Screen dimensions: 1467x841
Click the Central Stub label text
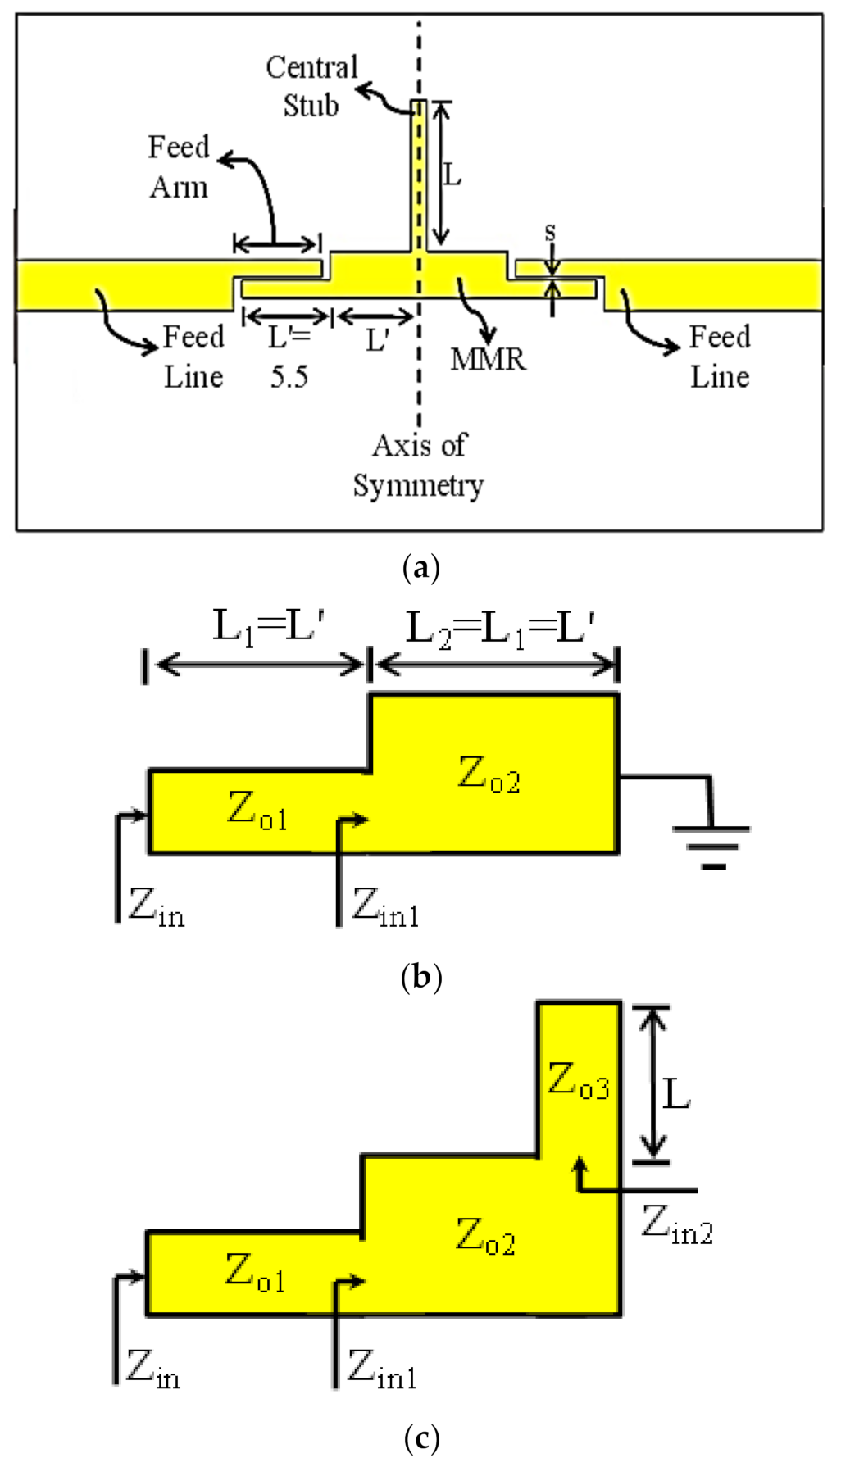(x=311, y=87)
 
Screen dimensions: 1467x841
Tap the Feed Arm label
(x=179, y=167)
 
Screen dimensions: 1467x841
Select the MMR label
(x=488, y=359)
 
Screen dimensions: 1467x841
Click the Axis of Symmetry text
(x=418, y=466)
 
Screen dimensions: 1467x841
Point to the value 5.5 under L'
(x=289, y=377)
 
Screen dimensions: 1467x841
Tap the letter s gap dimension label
(x=550, y=233)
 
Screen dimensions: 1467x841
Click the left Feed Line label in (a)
(x=193, y=357)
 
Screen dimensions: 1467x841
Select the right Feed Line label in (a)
(x=720, y=357)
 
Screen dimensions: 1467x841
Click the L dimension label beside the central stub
(x=452, y=175)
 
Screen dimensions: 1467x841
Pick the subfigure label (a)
(x=421, y=567)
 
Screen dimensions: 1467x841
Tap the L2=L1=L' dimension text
(x=500, y=629)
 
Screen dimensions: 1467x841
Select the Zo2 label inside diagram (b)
(x=489, y=774)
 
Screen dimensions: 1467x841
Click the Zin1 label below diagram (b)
(x=385, y=908)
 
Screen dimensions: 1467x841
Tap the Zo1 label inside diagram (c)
(x=255, y=1274)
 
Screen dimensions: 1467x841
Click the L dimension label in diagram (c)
(x=676, y=1093)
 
